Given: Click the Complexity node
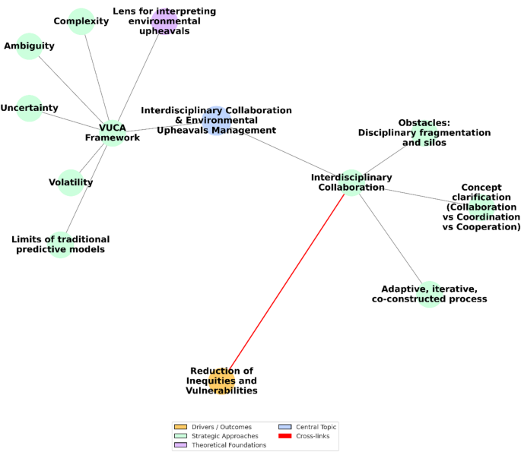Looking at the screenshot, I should tap(81, 21).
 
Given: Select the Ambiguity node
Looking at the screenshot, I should tap(29, 46).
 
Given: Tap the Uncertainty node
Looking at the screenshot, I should tap(29, 108).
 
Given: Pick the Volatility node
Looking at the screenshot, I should tap(71, 182).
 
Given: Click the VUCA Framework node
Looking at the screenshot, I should tap(113, 133).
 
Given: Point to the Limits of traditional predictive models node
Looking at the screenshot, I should tap(60, 244).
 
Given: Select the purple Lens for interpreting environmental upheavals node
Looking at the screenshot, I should tap(164, 21).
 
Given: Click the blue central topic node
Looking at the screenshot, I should tap(216, 120).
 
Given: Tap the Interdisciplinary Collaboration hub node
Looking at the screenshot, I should tap(351, 182).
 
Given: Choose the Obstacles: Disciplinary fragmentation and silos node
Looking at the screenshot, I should tap(424, 132).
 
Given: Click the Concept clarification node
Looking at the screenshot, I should tap(481, 207).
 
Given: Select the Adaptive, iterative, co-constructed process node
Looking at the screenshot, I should tap(429, 294).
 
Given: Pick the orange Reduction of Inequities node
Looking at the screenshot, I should tap(221, 381).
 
